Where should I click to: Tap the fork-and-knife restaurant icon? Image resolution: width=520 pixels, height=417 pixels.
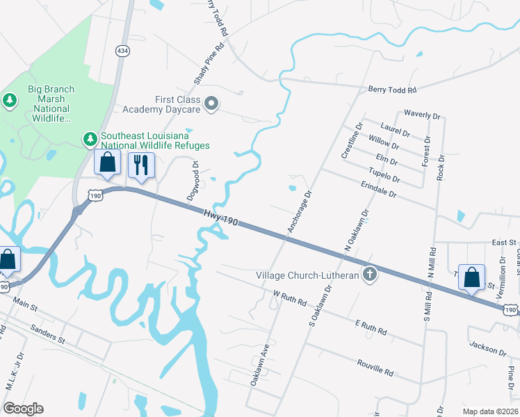[x=141, y=165]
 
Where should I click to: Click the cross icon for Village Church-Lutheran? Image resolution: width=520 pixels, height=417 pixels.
[x=370, y=274]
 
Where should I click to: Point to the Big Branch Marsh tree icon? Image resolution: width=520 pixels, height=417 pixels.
[x=10, y=101]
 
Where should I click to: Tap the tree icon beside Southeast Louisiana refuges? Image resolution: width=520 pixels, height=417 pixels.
[x=90, y=140]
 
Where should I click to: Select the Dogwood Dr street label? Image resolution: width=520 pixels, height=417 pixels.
[x=193, y=181]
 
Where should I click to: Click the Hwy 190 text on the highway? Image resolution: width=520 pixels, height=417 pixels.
[x=222, y=218]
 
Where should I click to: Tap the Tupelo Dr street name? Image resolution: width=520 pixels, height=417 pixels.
[x=384, y=174]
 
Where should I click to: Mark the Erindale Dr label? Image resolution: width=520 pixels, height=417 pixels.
[x=378, y=190]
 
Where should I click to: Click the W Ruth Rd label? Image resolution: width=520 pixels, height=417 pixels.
[x=290, y=300]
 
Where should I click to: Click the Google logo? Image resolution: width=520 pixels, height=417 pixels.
[x=23, y=409]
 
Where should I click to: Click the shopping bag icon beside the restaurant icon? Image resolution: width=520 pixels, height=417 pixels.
[x=108, y=164]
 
